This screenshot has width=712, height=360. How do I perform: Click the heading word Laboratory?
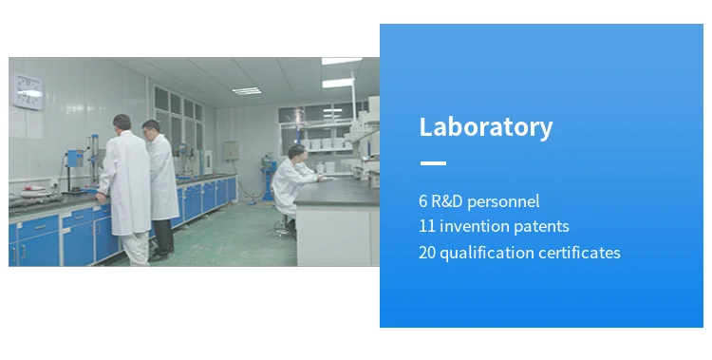[486, 127]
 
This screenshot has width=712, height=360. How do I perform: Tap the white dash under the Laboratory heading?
[433, 162]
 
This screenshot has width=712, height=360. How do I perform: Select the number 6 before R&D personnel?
[423, 201]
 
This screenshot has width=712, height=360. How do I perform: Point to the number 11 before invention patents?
[427, 226]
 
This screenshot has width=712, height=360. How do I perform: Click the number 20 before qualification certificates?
[427, 253]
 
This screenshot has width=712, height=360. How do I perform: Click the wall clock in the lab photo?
[28, 92]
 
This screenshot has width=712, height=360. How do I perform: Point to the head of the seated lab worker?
[296, 152]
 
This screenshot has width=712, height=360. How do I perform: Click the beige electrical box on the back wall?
[231, 151]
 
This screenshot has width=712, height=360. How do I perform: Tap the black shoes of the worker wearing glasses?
[161, 254]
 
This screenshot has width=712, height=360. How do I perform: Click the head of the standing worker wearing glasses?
[151, 129]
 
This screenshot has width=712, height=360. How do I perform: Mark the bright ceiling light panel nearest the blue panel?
[342, 61]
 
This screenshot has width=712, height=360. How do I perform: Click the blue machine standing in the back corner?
[269, 179]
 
